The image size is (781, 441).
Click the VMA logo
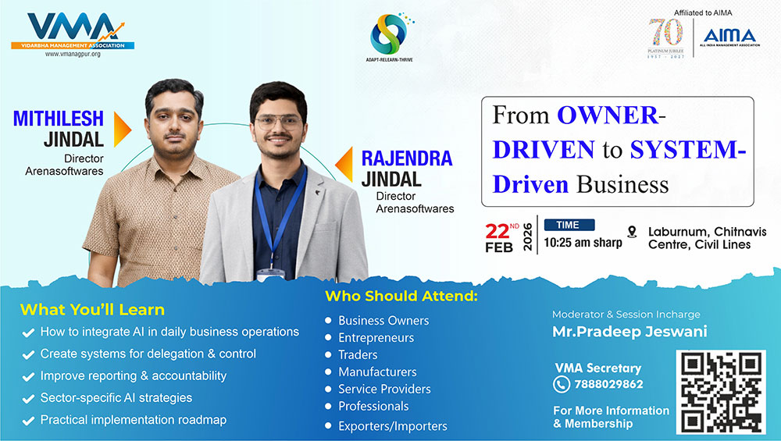coord(73,31)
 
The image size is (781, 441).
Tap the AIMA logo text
coord(729,36)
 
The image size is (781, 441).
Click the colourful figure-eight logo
coord(390,34)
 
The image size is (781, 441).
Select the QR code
coord(721,393)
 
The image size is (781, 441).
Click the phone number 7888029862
coord(608,384)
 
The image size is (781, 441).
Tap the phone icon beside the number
coord(562,384)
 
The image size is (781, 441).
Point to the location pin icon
coord(632,232)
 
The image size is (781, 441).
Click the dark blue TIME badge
coord(569,225)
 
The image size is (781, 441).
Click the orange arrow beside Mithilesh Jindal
coord(122,130)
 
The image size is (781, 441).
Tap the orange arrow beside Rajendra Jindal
coord(344,164)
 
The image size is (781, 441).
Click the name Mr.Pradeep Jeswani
coord(629,332)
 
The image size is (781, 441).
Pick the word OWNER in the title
coord(608,116)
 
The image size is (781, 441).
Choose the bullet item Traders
coord(358,355)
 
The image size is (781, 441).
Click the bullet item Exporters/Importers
coord(393,426)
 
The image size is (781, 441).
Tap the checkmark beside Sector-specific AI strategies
coord(28,399)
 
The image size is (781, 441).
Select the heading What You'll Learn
coord(92,310)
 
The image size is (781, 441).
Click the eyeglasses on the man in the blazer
coord(279,121)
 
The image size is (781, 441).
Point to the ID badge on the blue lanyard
coord(271,274)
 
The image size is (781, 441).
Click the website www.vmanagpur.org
coord(73,54)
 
